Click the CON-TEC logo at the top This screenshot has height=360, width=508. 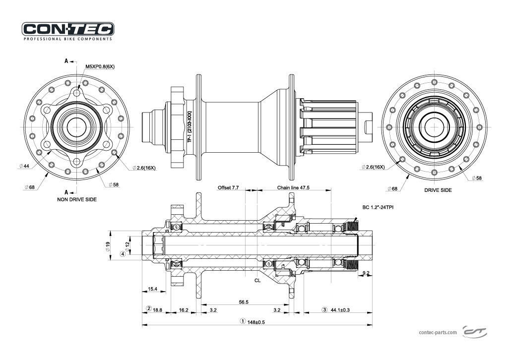point(68,29)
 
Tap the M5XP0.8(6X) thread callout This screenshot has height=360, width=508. point(100,66)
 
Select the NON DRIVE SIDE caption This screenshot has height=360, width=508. point(76,199)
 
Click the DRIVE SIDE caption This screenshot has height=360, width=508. point(438,190)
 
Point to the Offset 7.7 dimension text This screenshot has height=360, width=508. point(228,188)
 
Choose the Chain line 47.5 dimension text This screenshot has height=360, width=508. point(293,188)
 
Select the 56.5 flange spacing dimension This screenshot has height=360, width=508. point(244,301)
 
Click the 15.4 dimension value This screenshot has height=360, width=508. point(153,289)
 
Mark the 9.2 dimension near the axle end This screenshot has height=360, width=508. point(366,273)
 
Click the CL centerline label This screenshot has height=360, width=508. point(257,280)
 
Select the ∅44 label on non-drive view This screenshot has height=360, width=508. point(24,166)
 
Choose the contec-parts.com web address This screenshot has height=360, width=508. point(438,333)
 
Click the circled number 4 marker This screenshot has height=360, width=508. point(123,254)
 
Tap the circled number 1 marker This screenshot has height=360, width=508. point(243,321)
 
